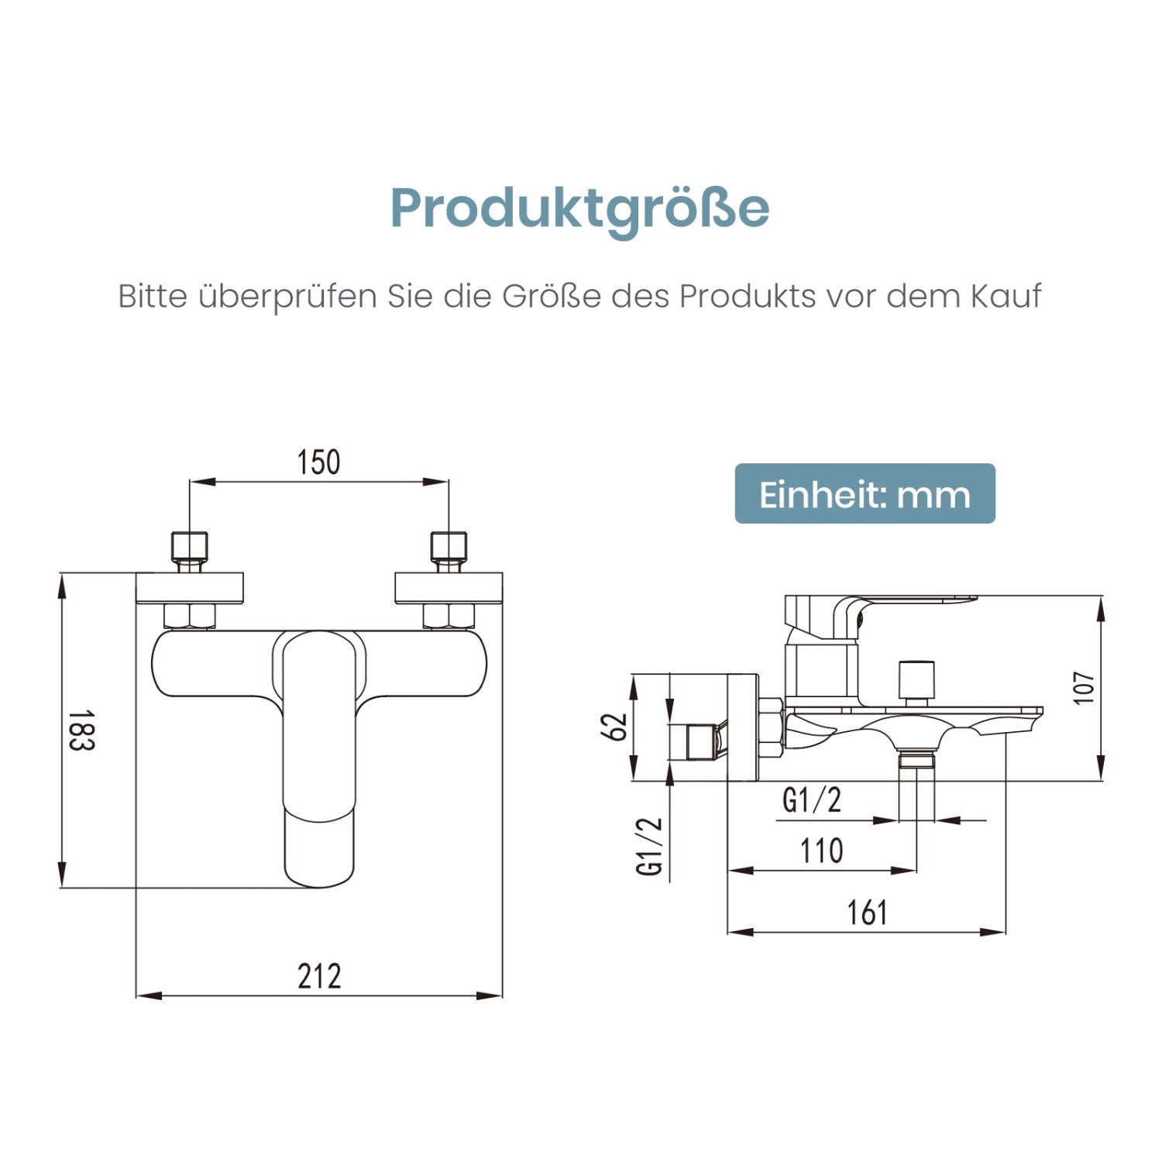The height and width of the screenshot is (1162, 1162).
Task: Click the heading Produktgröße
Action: coord(579,208)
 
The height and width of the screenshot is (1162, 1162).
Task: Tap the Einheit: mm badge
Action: coord(865,494)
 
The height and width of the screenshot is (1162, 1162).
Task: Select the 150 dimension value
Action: coord(318,462)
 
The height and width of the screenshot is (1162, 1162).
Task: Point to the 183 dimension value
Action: coord(81,730)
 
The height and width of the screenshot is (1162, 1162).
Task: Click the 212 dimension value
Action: coord(319,976)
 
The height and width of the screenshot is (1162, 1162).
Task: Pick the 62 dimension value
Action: coord(614,727)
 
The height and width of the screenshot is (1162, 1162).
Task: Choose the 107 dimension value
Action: coord(1084,688)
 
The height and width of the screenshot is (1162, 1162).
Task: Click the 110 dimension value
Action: coord(821,851)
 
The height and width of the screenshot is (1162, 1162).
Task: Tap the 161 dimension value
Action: coord(866,913)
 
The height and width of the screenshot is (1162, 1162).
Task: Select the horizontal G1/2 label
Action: coord(811,800)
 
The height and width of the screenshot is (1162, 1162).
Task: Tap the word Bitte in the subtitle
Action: coord(153,296)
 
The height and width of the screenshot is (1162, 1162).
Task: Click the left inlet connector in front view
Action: coord(189,550)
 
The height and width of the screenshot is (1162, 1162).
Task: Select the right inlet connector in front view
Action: coord(449,550)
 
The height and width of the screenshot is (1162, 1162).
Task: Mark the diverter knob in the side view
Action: coord(916,679)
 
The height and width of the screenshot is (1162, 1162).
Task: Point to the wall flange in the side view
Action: coord(742,727)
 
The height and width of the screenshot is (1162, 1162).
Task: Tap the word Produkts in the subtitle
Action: coord(748,296)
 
